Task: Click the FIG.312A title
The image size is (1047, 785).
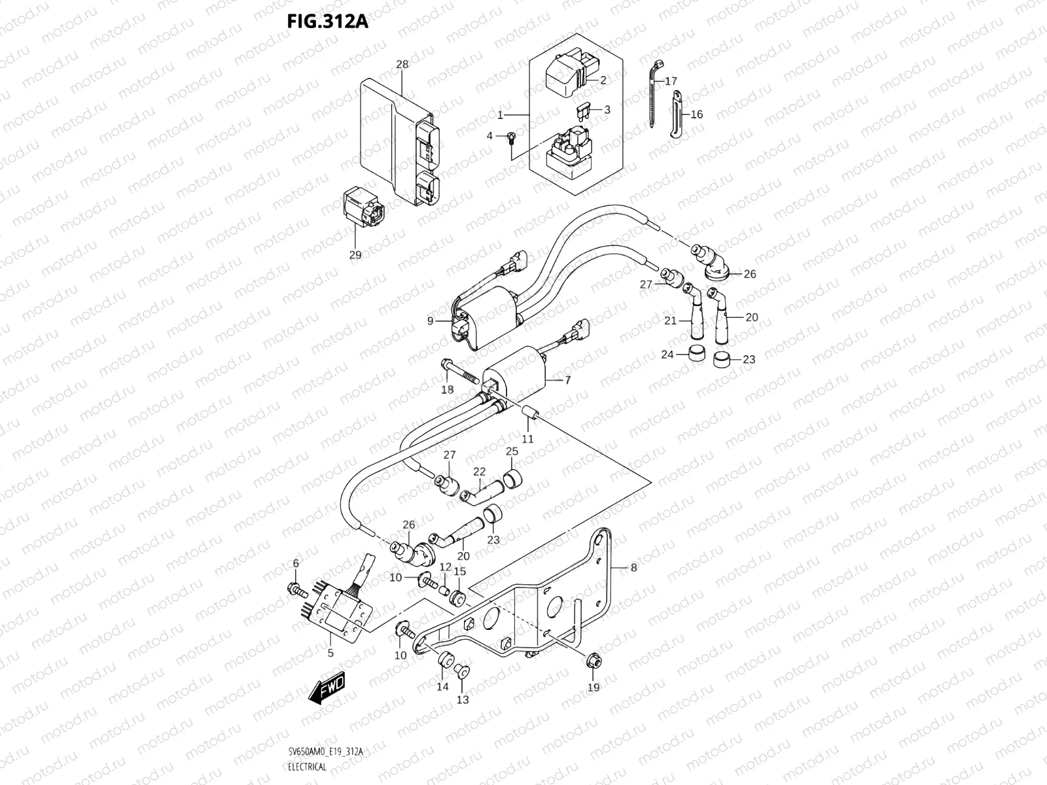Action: [327, 22]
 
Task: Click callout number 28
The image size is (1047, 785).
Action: [402, 64]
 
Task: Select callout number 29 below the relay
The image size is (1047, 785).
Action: [355, 254]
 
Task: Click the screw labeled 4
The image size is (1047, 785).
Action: [511, 137]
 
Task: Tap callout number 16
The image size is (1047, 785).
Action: [696, 114]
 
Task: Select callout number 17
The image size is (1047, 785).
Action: [671, 82]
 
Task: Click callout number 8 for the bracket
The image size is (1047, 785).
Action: [633, 568]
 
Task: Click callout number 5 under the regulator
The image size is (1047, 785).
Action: [330, 652]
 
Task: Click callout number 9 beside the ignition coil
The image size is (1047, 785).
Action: [430, 321]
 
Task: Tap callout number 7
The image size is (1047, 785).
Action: [567, 379]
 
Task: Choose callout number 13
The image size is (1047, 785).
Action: [463, 699]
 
